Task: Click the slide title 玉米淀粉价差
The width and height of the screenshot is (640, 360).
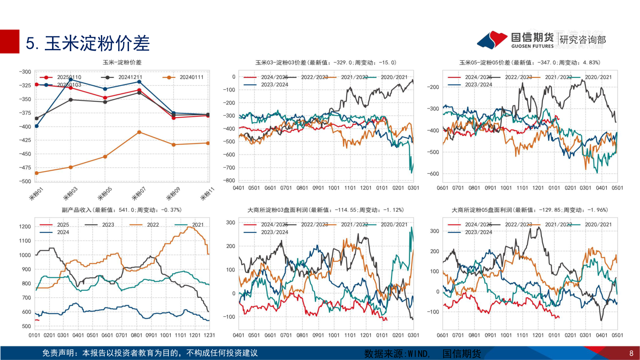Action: pyautogui.click(x=88, y=44)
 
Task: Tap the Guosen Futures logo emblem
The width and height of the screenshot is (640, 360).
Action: pyautogui.click(x=492, y=40)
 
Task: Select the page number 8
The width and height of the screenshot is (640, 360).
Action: pyautogui.click(x=631, y=354)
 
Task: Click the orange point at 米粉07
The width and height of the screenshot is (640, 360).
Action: pyautogui.click(x=140, y=132)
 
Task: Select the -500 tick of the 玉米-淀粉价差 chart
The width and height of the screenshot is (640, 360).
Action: pyautogui.click(x=24, y=181)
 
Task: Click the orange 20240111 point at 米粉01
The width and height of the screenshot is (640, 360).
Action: pyautogui.click(x=36, y=173)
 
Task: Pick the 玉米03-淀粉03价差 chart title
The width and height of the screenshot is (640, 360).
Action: pyautogui.click(x=326, y=63)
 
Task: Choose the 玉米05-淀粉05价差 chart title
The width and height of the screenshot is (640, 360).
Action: pyautogui.click(x=530, y=63)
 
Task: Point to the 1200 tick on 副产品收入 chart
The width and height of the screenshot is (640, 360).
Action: pyautogui.click(x=24, y=227)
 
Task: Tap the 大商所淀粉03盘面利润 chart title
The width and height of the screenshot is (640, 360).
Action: pyautogui.click(x=326, y=210)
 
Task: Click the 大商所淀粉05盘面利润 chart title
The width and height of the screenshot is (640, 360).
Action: pyautogui.click(x=530, y=210)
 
